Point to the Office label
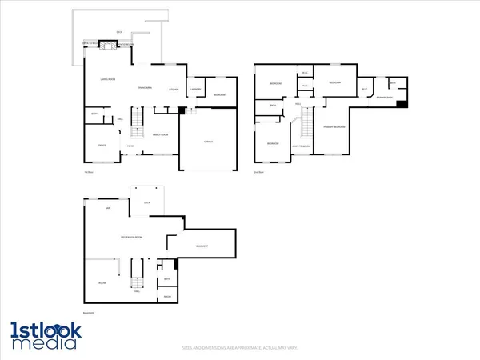tap(102, 145)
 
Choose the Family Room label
tap(160, 134)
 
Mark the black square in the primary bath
tap(402, 102)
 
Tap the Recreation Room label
tap(132, 238)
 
